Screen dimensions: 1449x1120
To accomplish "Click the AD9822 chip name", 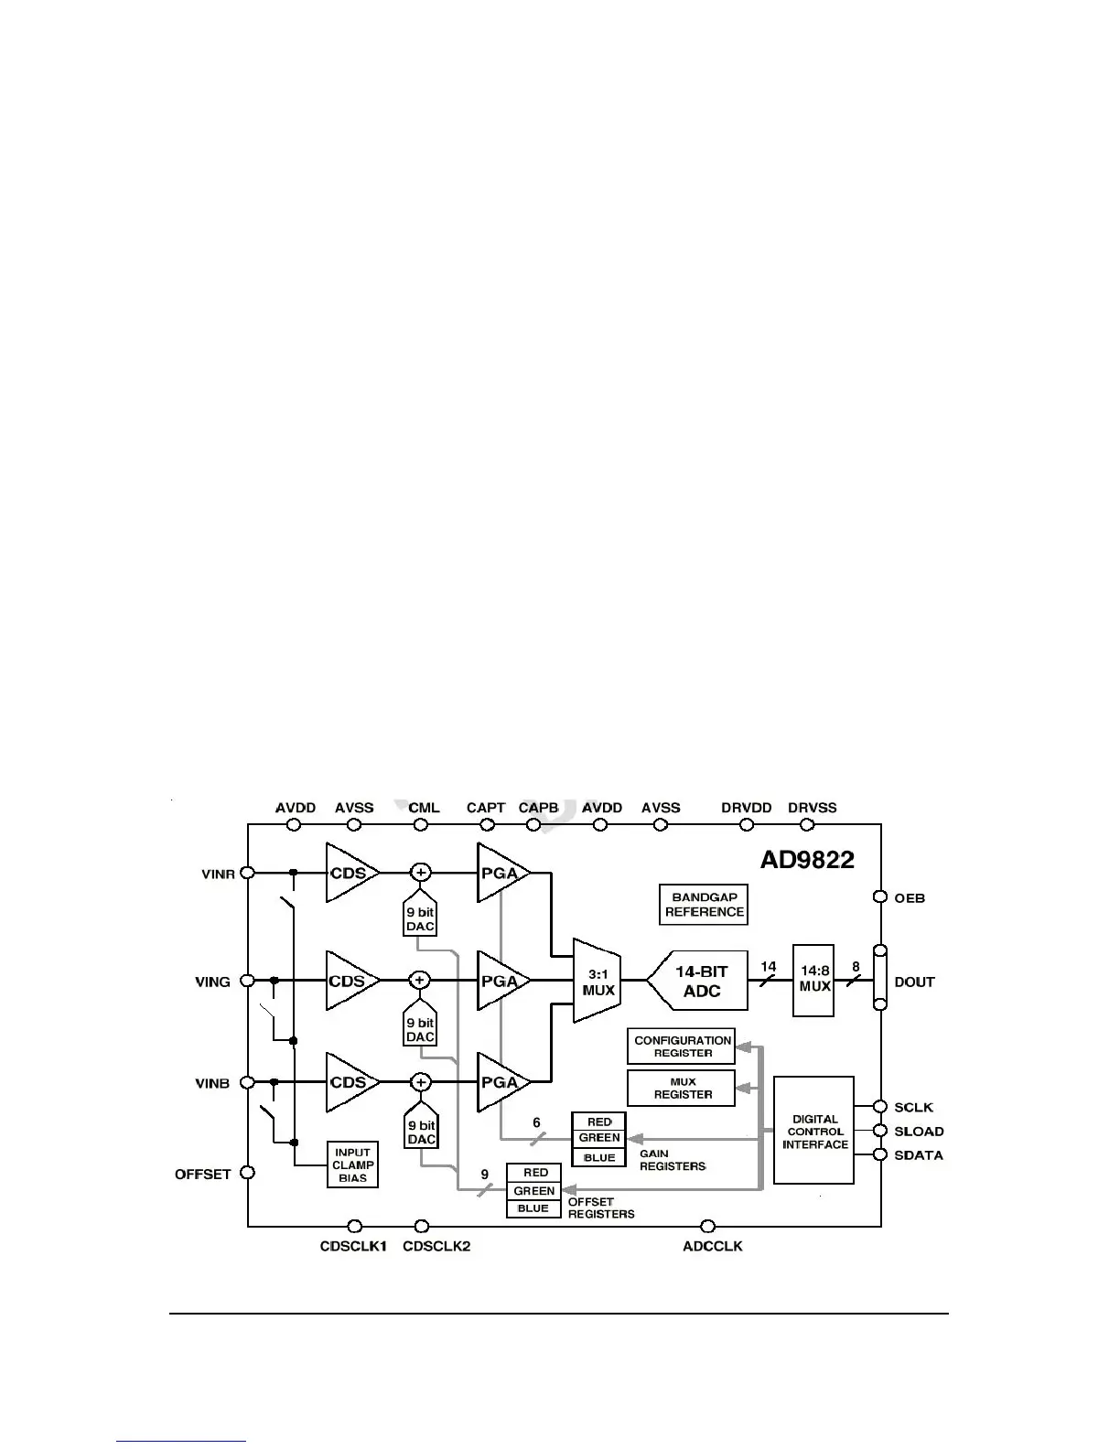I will tap(807, 860).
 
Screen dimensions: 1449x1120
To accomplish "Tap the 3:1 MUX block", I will tap(598, 982).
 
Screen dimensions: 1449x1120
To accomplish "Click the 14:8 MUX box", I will tap(813, 980).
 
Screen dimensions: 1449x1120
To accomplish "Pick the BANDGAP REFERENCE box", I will tap(704, 905).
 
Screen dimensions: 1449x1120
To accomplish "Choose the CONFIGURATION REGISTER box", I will tap(683, 1046).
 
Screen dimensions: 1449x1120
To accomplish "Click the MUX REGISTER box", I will tap(682, 1088).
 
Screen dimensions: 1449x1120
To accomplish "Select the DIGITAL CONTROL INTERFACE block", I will tap(814, 1131).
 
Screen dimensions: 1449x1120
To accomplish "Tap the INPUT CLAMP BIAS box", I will tap(352, 1165).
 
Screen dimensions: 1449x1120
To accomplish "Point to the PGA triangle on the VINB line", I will tap(500, 1082).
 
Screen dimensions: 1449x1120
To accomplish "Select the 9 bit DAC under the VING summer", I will tap(420, 1029).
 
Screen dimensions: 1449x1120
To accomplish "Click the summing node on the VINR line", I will tap(421, 873).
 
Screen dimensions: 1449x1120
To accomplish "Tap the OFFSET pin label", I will tap(203, 1174).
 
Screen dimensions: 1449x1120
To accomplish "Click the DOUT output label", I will tap(914, 982).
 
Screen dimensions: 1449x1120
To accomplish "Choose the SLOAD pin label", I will tap(919, 1132).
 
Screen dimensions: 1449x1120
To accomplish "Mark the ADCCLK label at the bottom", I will tap(713, 1246).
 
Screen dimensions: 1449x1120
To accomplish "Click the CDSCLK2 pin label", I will tap(436, 1246).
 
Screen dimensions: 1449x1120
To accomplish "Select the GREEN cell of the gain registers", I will tap(599, 1138).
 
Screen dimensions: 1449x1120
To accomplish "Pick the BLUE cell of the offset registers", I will tap(533, 1208).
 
